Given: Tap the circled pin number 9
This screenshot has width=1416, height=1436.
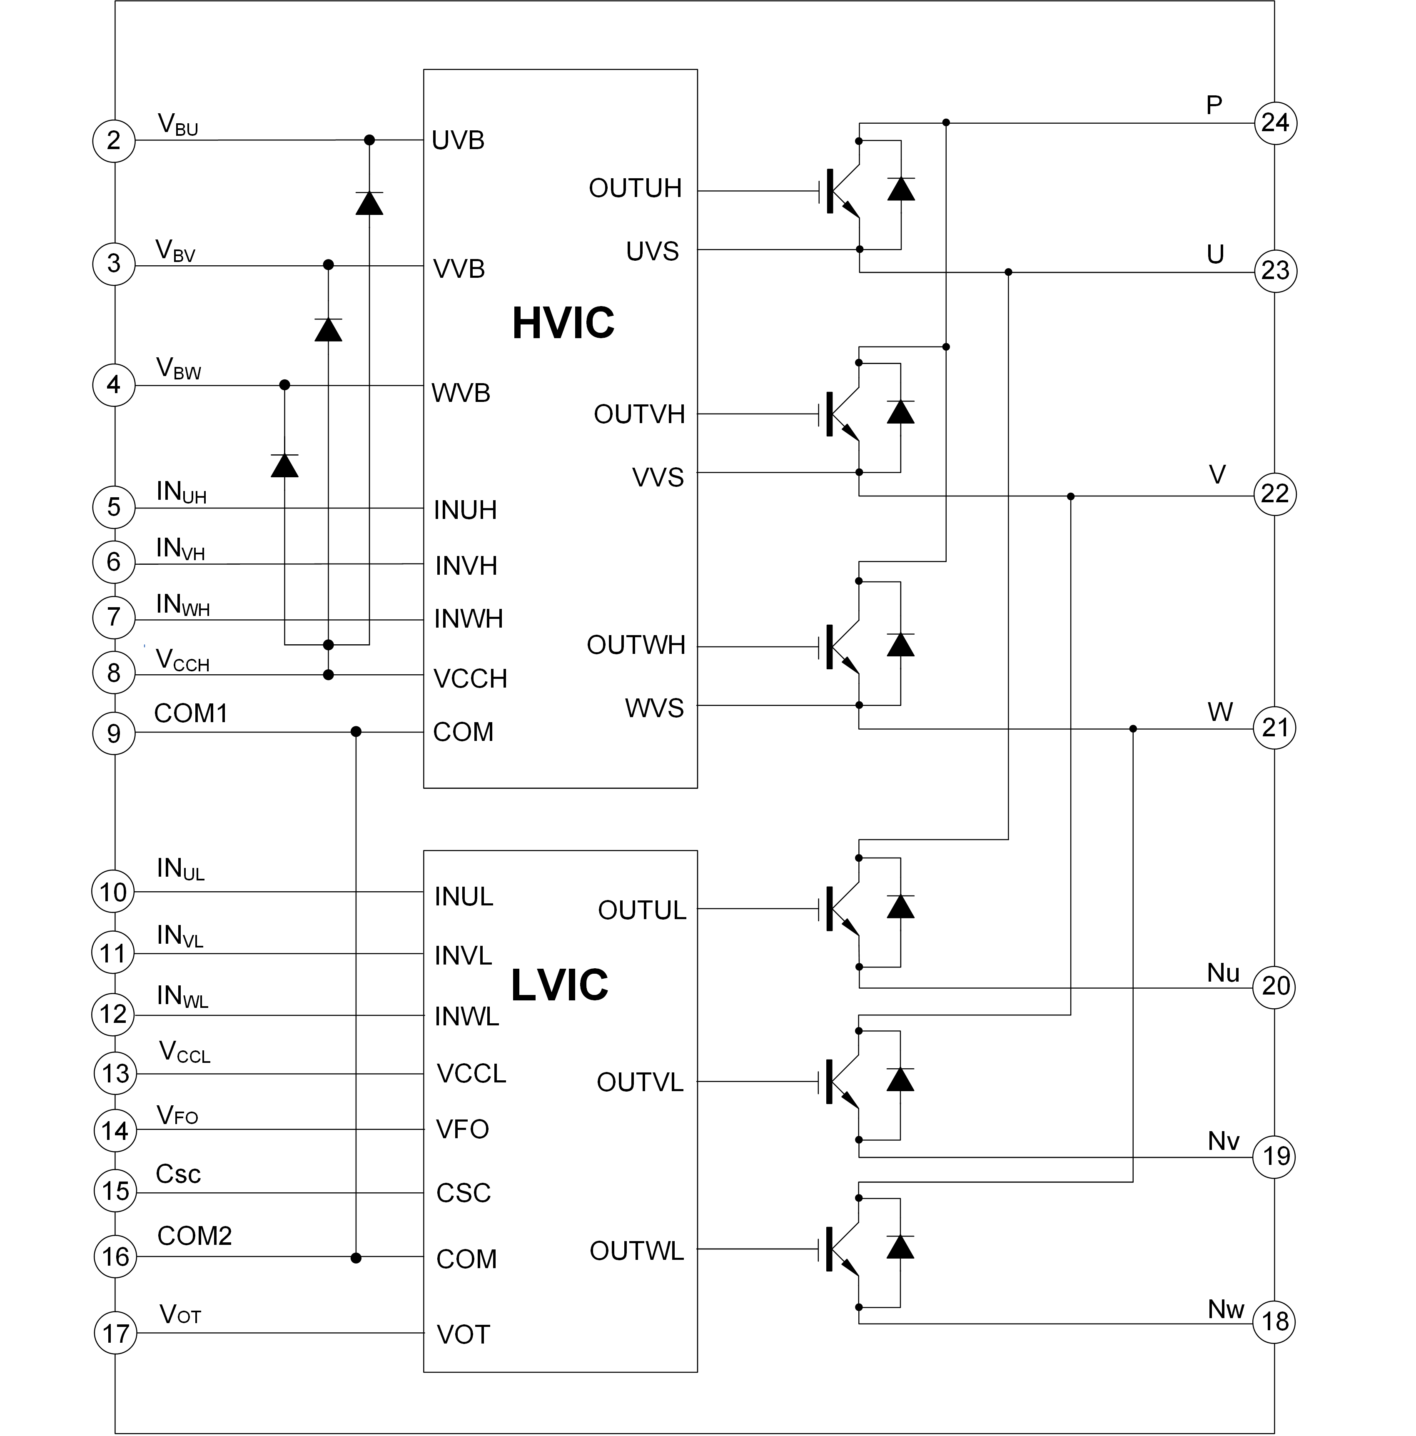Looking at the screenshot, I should (113, 732).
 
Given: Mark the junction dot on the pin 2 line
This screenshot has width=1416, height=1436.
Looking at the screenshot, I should (369, 140).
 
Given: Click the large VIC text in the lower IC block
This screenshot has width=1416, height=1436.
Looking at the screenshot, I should (568, 986).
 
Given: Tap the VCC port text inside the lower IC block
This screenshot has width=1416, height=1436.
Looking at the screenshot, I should (462, 1075).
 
